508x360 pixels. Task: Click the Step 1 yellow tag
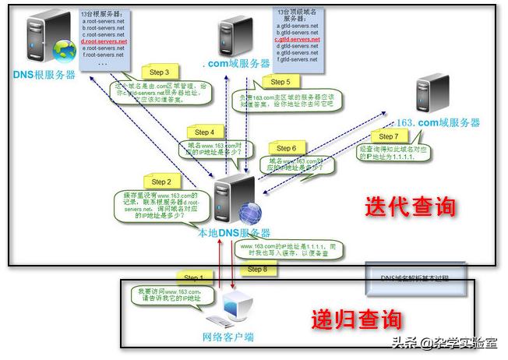[192, 277]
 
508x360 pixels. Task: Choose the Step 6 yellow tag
[287, 148]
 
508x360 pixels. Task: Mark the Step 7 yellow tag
[388, 136]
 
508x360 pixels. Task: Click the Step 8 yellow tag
[256, 270]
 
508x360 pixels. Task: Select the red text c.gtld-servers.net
[298, 39]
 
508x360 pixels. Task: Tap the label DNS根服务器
[44, 75]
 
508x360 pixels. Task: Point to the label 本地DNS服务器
[234, 233]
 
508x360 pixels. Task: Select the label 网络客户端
[228, 337]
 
